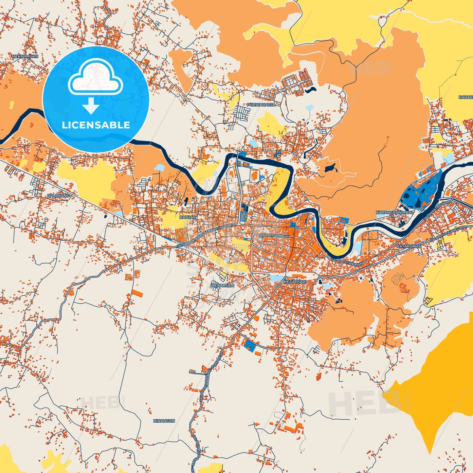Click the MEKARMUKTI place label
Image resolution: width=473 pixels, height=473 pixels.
click(x=25, y=56)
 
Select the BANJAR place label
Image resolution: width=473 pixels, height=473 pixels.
click(x=188, y=217)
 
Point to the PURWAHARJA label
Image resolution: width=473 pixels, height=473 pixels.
click(x=261, y=105)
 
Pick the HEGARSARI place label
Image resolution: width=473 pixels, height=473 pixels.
click(x=295, y=282)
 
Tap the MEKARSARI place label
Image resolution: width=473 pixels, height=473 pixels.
click(x=223, y=285)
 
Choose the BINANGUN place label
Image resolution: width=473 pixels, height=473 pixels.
click(x=164, y=421)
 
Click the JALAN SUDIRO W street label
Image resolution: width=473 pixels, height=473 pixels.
click(x=274, y=235)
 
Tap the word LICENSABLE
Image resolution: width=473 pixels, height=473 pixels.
click(x=96, y=125)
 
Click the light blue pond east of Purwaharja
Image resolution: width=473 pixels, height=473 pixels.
click(x=309, y=107)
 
